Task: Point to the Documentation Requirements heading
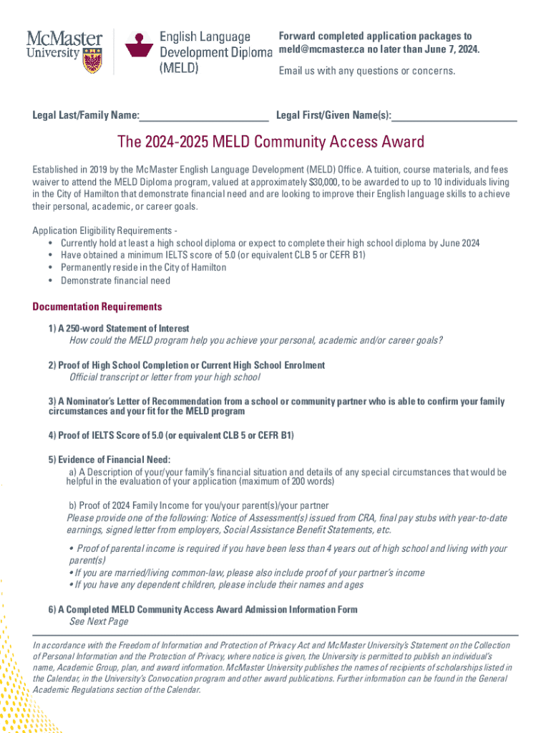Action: [97, 307]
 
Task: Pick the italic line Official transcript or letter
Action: [165, 377]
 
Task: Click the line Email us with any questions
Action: [366, 70]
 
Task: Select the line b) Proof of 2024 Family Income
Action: [198, 505]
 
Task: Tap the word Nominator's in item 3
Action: [94, 402]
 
